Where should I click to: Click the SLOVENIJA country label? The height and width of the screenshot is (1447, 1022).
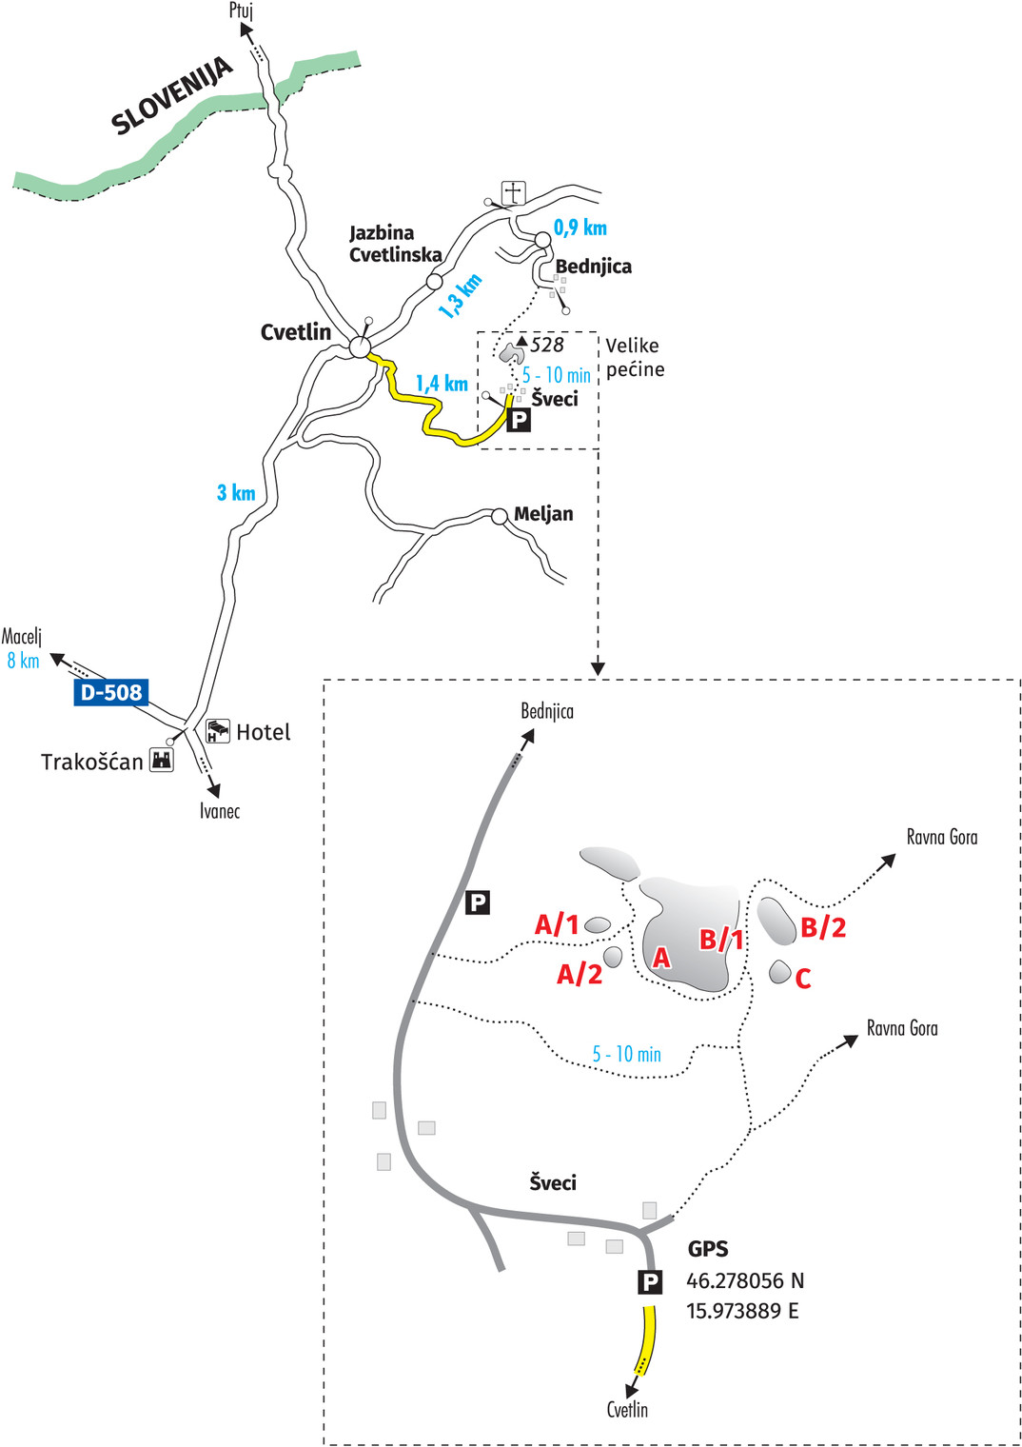pyautogui.click(x=171, y=95)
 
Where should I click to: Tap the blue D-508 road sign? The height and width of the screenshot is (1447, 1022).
pyautogui.click(x=111, y=692)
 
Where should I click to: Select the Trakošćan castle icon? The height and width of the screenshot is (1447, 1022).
pyautogui.click(x=162, y=760)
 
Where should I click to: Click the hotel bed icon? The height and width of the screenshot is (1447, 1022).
pyautogui.click(x=218, y=731)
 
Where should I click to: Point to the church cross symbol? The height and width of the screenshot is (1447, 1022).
pyautogui.click(x=513, y=192)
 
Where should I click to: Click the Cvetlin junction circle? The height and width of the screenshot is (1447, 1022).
pyautogui.click(x=360, y=347)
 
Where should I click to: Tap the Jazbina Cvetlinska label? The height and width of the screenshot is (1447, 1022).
pyautogui.click(x=395, y=244)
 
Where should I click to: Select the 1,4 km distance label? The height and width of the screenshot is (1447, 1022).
pyautogui.click(x=442, y=384)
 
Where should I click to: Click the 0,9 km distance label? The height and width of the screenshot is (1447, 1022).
pyautogui.click(x=580, y=228)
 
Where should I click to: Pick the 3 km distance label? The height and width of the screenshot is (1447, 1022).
pyautogui.click(x=236, y=492)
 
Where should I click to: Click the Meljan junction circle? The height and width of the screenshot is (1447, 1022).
pyautogui.click(x=500, y=516)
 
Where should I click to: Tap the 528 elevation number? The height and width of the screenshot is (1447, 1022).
pyautogui.click(x=547, y=345)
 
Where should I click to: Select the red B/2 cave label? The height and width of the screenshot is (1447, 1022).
pyautogui.click(x=823, y=927)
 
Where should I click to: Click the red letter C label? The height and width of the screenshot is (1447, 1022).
pyautogui.click(x=803, y=979)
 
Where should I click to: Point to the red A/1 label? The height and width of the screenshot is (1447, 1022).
pyautogui.click(x=557, y=924)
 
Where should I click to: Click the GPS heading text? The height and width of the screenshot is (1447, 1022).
pyautogui.click(x=708, y=1249)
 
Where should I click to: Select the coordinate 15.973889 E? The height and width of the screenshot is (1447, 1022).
pyautogui.click(x=742, y=1311)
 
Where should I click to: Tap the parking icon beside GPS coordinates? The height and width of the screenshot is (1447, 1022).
pyautogui.click(x=650, y=1282)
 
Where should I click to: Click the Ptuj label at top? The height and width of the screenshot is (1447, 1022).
pyautogui.click(x=241, y=10)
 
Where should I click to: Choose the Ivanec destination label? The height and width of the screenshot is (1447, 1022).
pyautogui.click(x=220, y=811)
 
